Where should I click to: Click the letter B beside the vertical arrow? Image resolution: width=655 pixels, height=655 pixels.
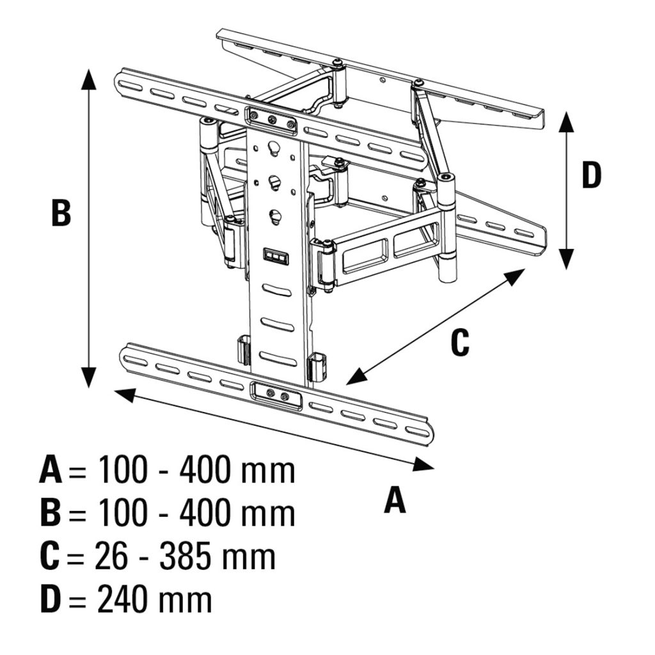pyautogui.click(x=61, y=213)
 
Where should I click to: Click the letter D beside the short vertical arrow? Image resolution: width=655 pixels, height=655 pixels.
pyautogui.click(x=591, y=175)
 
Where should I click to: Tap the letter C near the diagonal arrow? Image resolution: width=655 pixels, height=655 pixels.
pyautogui.click(x=459, y=342)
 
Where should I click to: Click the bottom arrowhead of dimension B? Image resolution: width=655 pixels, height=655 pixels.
pyautogui.click(x=89, y=377)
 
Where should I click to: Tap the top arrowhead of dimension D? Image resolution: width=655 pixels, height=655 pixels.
pyautogui.click(x=565, y=120)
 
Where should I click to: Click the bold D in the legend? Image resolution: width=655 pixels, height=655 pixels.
pyautogui.click(x=51, y=599)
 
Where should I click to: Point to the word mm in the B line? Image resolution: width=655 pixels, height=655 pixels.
pyautogui.click(x=268, y=514)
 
